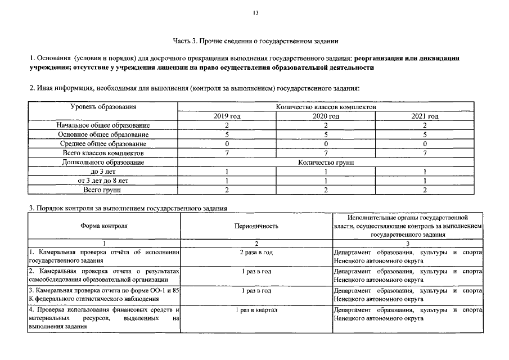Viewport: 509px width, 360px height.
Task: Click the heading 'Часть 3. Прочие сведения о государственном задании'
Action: pos(255,40)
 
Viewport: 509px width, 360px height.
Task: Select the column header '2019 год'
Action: pos(227,116)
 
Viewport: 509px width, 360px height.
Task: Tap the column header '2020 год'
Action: pos(326,116)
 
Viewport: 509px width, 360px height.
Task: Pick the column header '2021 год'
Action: pos(425,116)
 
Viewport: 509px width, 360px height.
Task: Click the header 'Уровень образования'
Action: pos(103,106)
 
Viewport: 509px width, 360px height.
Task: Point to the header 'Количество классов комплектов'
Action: pos(326,106)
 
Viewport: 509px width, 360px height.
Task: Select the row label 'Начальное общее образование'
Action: pos(103,125)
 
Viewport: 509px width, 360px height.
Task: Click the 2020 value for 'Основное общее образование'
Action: pos(326,134)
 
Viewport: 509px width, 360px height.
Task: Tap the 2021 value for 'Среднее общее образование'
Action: pos(425,143)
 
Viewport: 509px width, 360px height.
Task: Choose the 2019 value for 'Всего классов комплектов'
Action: pos(227,152)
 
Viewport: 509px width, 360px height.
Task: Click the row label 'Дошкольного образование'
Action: pos(103,162)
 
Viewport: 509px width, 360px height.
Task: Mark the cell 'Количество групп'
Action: pos(326,162)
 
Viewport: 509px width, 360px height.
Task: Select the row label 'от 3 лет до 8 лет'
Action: pos(103,181)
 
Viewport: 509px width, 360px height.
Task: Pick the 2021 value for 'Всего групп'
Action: pos(425,190)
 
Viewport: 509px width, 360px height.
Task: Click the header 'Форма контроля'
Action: pos(103,226)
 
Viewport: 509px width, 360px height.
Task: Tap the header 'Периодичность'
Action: pos(256,226)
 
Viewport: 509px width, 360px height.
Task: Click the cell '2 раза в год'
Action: pos(256,253)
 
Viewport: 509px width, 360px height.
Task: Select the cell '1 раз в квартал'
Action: pos(256,310)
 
